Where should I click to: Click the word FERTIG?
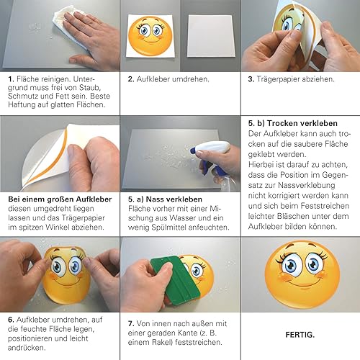(x=300, y=335)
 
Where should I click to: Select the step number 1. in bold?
(x=11, y=79)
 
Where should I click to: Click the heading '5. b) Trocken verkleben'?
(x=293, y=123)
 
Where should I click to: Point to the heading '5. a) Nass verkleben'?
(x=165, y=199)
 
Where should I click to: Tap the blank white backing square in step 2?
(x=211, y=36)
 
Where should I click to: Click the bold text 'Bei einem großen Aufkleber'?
(x=60, y=199)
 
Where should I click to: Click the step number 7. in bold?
(x=131, y=324)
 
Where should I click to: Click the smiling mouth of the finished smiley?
(x=303, y=282)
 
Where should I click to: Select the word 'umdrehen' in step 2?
(x=192, y=79)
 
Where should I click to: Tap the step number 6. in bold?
(x=11, y=320)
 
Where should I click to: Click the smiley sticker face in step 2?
(x=150, y=36)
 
